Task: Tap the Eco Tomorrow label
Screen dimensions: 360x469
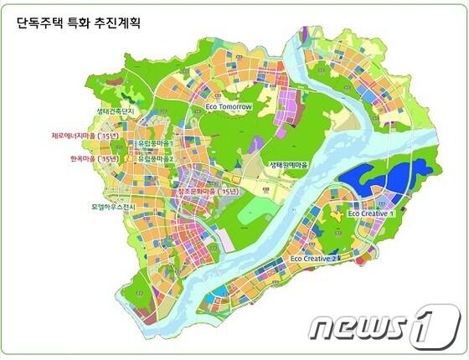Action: [x=228, y=108]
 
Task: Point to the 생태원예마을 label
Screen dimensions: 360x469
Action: [x=289, y=165]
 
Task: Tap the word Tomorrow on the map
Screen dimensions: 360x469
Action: [x=234, y=108]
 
